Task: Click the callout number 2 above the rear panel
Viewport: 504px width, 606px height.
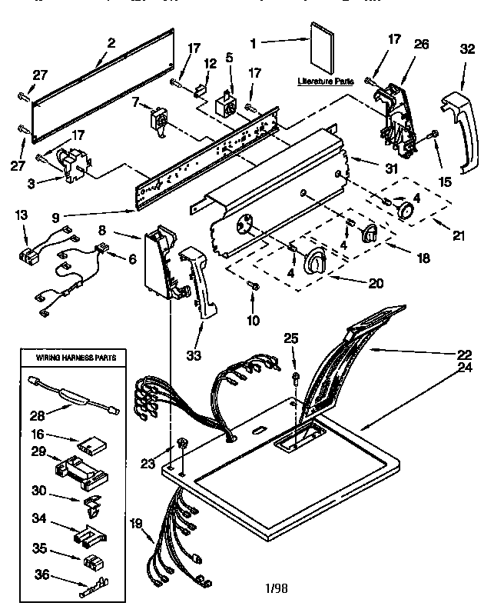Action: tap(112, 43)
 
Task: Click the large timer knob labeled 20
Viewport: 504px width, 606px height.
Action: tap(315, 262)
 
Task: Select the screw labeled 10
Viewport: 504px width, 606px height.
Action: tap(254, 286)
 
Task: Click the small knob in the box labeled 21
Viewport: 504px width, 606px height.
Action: tap(403, 210)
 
